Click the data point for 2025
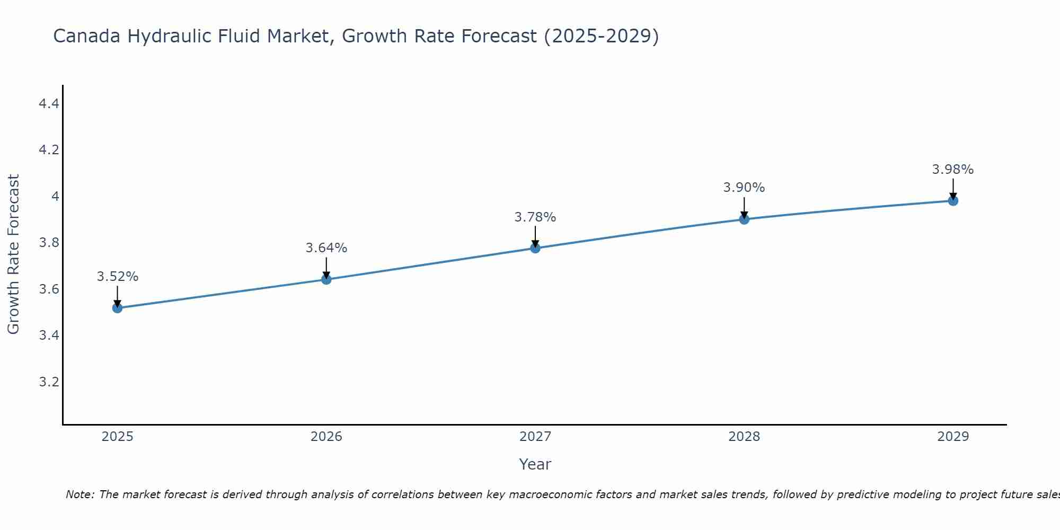coord(117,308)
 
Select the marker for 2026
coord(326,279)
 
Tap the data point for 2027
coord(535,248)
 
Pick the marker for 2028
coord(744,219)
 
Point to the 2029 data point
coord(953,201)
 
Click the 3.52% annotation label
coord(117,277)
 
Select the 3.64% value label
coord(326,248)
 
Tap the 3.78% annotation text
coord(535,217)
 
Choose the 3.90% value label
coord(744,188)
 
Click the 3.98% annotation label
coord(953,170)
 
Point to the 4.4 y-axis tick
coord(49,104)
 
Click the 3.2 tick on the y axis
coord(49,382)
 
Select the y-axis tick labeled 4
coord(55,197)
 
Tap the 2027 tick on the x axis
coord(535,437)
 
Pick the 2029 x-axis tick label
coord(953,437)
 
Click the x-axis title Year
coord(535,464)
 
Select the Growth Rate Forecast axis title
coord(13,254)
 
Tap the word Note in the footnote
coord(79,494)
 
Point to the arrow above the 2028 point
coord(744,207)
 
